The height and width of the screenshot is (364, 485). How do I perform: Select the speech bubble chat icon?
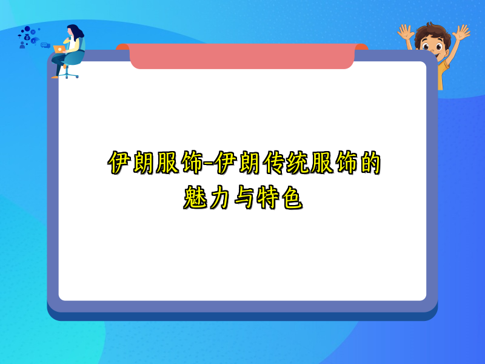[x=44, y=45]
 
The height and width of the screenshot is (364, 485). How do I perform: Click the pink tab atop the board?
[x=242, y=56]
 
